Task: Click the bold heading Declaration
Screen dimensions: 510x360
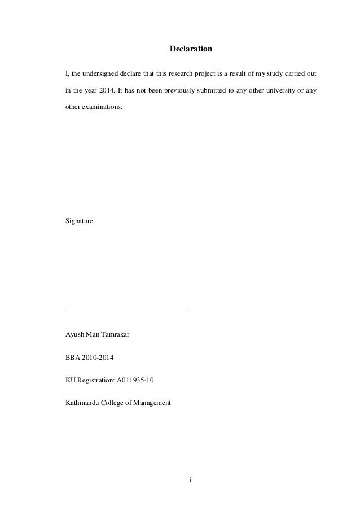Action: (x=191, y=50)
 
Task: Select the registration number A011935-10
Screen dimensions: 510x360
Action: (x=135, y=380)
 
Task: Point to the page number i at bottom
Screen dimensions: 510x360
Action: (x=191, y=481)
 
